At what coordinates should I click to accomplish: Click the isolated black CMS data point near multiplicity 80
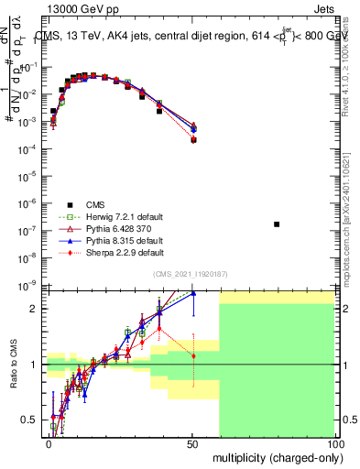tap(277, 224)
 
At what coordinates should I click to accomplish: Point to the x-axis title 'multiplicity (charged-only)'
tap(272, 455)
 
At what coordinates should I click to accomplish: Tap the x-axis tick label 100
tap(335, 442)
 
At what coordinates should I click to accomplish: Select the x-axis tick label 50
tap(192, 442)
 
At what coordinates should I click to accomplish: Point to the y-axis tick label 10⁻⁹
tap(27, 286)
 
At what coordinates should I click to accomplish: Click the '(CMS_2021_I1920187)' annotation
tap(191, 274)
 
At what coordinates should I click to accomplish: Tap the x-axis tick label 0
tap(49, 442)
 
